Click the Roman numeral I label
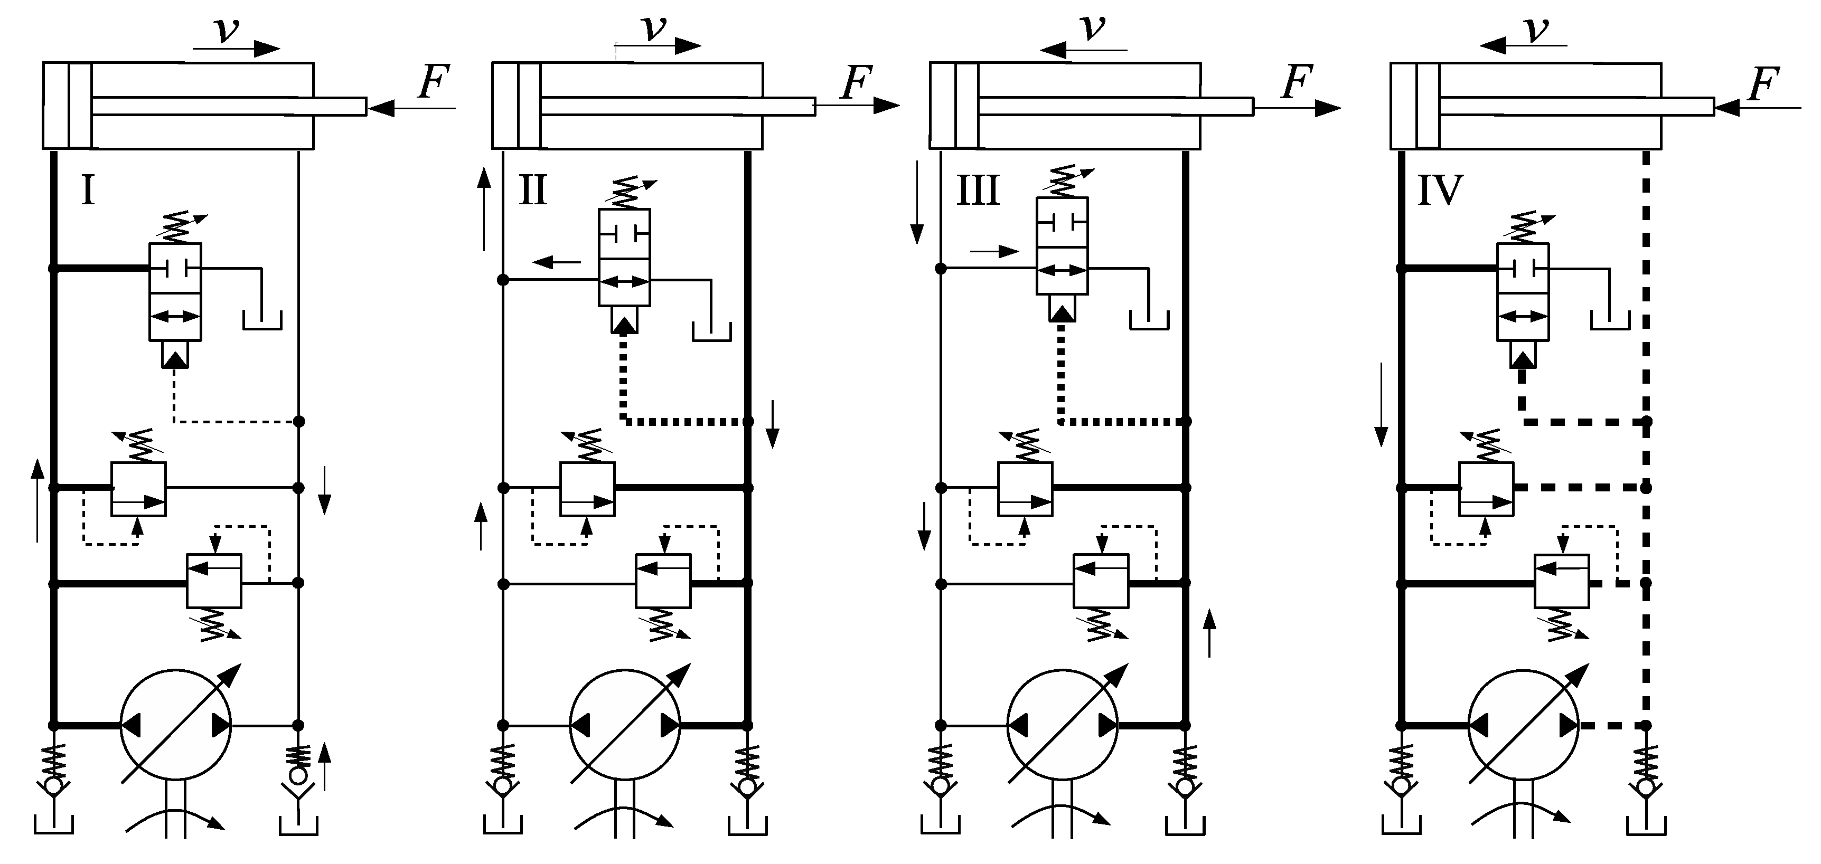tap(88, 190)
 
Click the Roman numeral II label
tap(532, 190)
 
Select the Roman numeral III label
tap(978, 190)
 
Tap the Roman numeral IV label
tap(1440, 190)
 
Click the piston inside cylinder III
tap(966, 106)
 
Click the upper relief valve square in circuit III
tap(1025, 489)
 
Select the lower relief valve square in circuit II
tap(663, 581)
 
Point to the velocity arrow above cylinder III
tap(1083, 50)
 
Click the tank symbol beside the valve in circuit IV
tap(1610, 321)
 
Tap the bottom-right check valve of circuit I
tap(298, 775)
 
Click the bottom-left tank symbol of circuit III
tap(940, 825)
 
